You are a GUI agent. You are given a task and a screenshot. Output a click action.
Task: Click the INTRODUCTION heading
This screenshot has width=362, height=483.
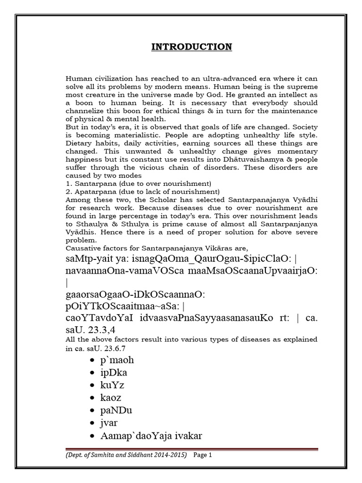pyautogui.click(x=191, y=47)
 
